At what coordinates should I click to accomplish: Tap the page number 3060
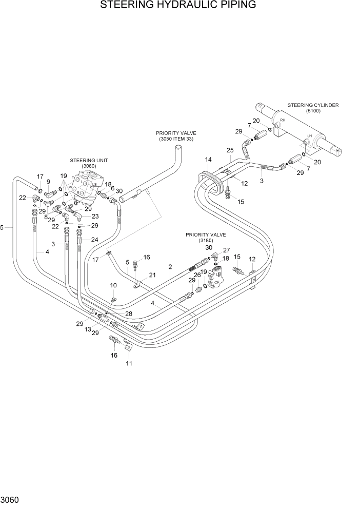tap(11, 499)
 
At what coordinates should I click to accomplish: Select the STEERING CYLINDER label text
tap(313, 105)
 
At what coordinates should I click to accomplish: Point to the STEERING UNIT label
tap(92, 160)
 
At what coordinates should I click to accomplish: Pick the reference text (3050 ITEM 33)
tap(176, 139)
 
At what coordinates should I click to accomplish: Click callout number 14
tap(208, 160)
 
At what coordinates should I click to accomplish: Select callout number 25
tap(230, 150)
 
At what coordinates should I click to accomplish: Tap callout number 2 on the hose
tap(170, 267)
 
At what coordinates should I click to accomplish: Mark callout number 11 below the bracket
tap(129, 364)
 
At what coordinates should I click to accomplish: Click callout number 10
tap(113, 285)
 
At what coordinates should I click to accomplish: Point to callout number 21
tap(152, 276)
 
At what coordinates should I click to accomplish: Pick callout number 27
tap(226, 250)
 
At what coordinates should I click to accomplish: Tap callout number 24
tap(94, 239)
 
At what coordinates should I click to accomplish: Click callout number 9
tap(48, 181)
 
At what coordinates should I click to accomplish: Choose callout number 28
tap(128, 313)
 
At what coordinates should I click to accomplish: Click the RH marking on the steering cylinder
tap(282, 120)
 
